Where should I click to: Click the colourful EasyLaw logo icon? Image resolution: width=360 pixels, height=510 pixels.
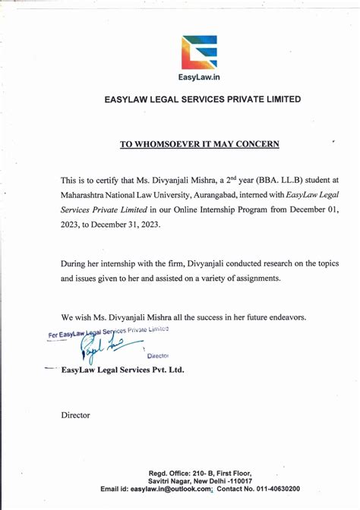point(198,52)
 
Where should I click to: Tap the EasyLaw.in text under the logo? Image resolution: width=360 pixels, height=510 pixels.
point(198,77)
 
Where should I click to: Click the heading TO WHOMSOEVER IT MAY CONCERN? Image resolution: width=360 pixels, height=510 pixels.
point(199,143)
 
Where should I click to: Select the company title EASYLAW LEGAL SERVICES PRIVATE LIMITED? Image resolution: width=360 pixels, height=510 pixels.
point(201,99)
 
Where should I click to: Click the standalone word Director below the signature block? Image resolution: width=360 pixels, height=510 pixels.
point(75,415)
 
